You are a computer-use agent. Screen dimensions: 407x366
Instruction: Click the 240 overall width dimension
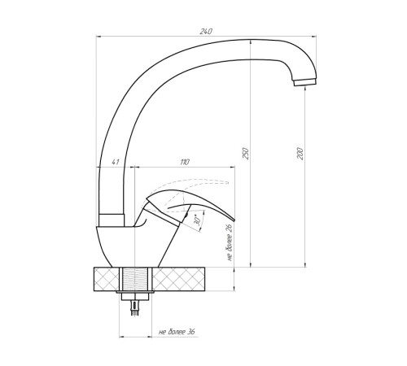click(206, 32)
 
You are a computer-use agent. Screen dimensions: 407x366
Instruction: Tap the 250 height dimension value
click(245, 153)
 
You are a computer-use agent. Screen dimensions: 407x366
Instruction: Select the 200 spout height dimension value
click(300, 154)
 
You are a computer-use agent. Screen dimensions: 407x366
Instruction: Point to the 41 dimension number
click(116, 162)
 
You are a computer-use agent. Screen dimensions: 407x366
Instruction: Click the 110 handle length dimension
click(185, 162)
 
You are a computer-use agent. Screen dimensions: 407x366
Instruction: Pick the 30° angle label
click(198, 221)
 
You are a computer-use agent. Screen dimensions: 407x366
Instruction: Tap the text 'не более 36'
click(177, 332)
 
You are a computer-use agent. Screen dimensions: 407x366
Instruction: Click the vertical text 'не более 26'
click(230, 242)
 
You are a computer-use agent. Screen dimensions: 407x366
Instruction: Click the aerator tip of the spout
click(304, 82)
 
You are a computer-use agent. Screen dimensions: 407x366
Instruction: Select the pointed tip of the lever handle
click(234, 220)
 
